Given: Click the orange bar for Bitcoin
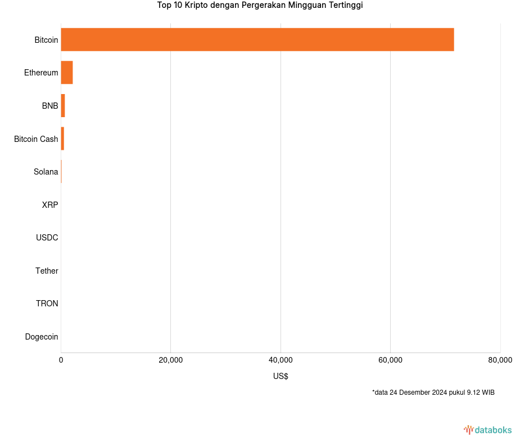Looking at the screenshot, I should (x=257, y=39).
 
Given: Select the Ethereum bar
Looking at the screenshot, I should (x=67, y=73).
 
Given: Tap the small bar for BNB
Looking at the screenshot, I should (x=63, y=106).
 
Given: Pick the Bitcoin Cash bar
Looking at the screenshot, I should (x=62, y=139).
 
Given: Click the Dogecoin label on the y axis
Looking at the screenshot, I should (x=42, y=337).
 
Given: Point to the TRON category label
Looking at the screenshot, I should (x=47, y=304).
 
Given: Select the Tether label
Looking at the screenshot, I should (x=47, y=271).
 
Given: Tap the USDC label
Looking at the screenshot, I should (x=47, y=238).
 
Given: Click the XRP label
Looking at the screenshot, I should (x=50, y=205).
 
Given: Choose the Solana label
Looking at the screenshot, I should (x=46, y=172).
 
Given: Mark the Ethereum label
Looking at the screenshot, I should (x=41, y=73).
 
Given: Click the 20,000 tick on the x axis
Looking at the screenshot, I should (x=171, y=360).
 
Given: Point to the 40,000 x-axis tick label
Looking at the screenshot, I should (x=281, y=360).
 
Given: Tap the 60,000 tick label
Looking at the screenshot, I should (x=390, y=360).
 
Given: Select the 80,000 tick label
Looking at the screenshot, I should (x=500, y=360).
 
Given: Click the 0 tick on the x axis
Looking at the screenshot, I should (x=61, y=360).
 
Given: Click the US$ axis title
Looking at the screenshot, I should (x=281, y=376).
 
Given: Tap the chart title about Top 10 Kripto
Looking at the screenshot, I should (x=260, y=6).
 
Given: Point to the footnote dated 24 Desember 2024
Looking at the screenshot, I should (x=433, y=393).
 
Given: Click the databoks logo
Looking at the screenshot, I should (x=488, y=430).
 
